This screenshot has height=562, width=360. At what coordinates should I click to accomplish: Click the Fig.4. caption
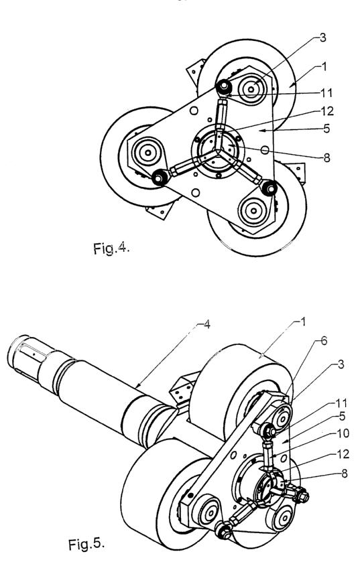coord(111,248)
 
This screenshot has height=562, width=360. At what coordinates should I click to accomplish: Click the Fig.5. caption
coord(86,544)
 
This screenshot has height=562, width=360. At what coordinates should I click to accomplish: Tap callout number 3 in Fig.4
coord(322,38)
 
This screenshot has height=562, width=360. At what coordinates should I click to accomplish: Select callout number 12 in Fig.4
coord(326,111)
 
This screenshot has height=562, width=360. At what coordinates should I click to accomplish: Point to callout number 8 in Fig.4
coord(326,157)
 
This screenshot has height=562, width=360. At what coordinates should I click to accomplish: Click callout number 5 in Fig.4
coord(326,128)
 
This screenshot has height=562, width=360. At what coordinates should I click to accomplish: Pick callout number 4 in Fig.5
coord(206,325)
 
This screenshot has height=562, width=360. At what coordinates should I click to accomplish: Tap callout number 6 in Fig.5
coord(323,340)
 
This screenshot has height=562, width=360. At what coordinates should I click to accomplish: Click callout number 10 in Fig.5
coord(343,433)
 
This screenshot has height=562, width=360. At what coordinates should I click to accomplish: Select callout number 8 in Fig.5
coord(344,474)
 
